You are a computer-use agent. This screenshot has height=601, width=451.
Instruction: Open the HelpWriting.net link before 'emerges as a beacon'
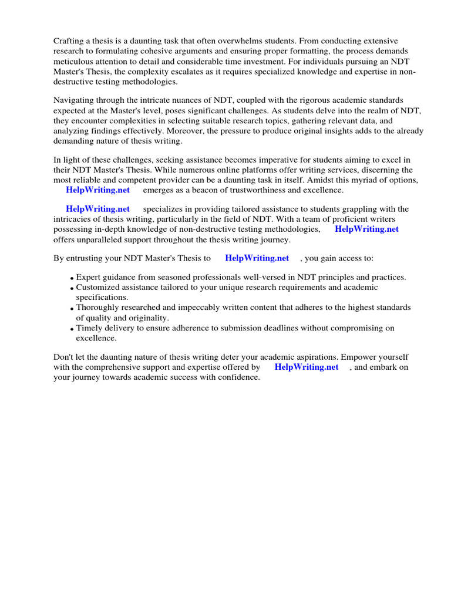click(x=98, y=190)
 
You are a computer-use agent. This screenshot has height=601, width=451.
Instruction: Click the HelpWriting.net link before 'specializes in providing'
click(x=98, y=209)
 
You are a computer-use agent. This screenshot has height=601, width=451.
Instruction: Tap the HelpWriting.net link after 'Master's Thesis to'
click(x=257, y=258)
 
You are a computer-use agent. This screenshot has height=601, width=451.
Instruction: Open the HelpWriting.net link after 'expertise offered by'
click(x=307, y=367)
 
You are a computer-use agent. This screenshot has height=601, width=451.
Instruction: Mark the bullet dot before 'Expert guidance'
click(x=72, y=278)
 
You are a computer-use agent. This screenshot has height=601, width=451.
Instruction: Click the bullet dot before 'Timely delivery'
click(x=72, y=329)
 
